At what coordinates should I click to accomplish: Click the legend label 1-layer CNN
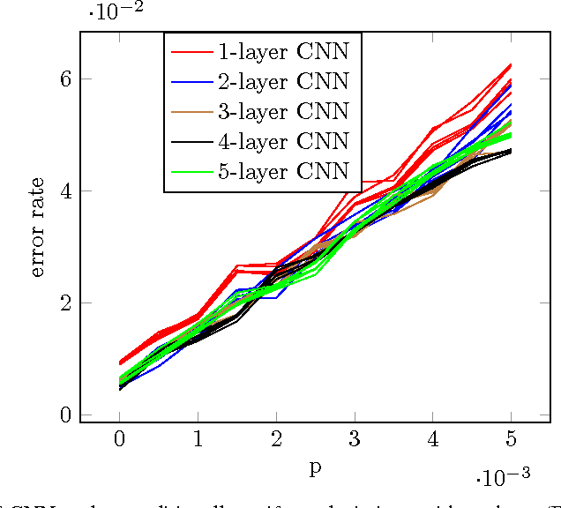click(x=282, y=51)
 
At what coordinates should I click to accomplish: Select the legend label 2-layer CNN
click(x=282, y=81)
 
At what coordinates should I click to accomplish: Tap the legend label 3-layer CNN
click(x=282, y=111)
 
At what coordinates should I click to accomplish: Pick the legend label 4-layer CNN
click(x=282, y=141)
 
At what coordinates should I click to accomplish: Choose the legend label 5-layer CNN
click(x=282, y=171)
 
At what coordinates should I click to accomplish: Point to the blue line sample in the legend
click(x=191, y=82)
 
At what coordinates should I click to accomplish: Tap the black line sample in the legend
click(x=191, y=142)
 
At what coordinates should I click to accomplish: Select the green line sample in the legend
click(x=191, y=172)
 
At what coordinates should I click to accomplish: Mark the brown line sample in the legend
click(x=191, y=112)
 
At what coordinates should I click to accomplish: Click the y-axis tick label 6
click(x=64, y=78)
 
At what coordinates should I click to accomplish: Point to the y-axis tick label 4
click(x=64, y=190)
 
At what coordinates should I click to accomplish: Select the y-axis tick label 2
click(x=64, y=303)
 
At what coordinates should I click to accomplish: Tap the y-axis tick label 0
click(x=64, y=415)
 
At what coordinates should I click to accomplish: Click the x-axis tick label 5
click(x=512, y=440)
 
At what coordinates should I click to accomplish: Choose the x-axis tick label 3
click(x=355, y=440)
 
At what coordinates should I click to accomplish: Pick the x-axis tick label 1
click(x=198, y=440)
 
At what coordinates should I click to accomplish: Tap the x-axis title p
click(x=315, y=467)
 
